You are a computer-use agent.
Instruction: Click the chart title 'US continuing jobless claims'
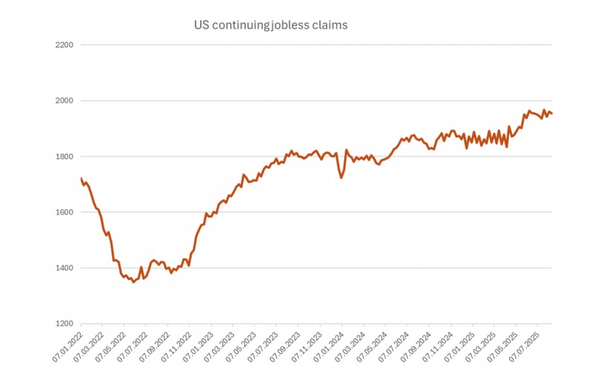[270, 25]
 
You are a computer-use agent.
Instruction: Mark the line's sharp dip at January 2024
[341, 177]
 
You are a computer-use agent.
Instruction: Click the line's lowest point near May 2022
[134, 282]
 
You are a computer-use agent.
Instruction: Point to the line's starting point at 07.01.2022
[81, 178]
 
